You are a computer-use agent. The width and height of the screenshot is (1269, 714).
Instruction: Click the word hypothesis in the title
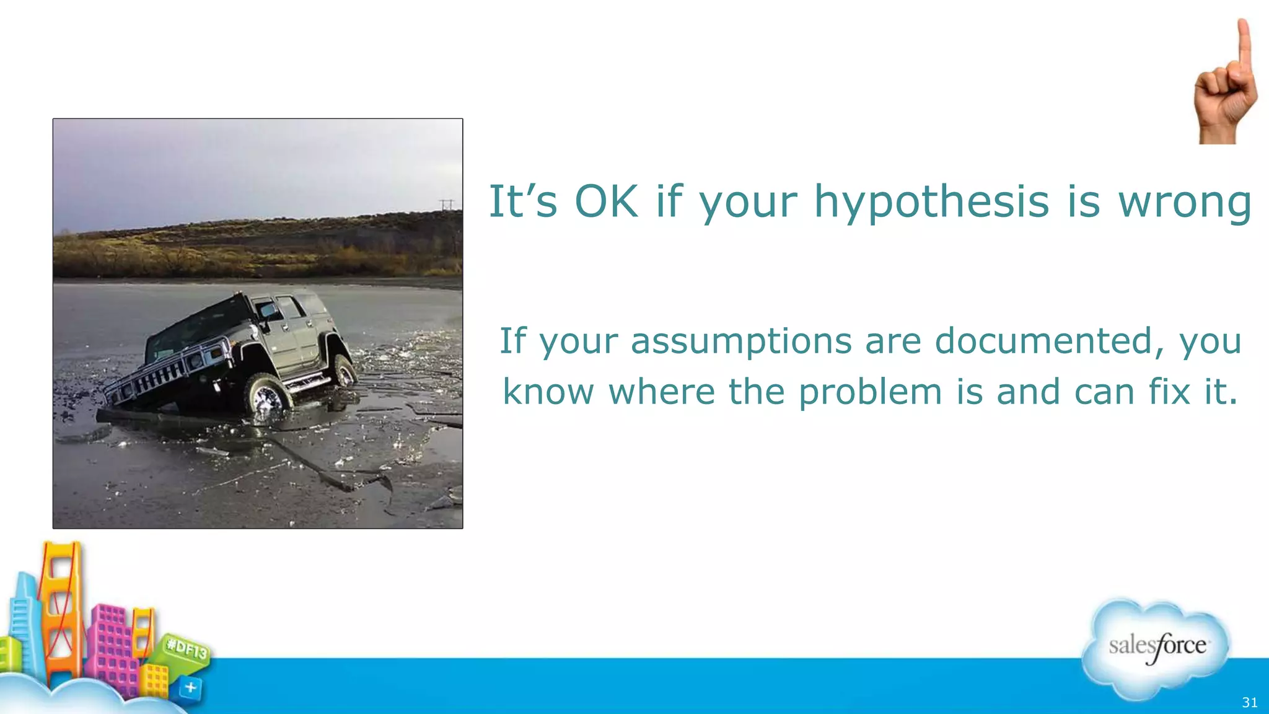click(x=931, y=202)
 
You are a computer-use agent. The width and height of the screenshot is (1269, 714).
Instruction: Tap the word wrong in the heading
click(x=1185, y=202)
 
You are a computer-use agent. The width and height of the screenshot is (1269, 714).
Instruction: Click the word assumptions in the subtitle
click(x=741, y=342)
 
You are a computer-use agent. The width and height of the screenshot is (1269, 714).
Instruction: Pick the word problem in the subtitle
click(x=870, y=392)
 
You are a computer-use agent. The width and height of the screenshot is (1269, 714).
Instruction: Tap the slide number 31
click(x=1250, y=702)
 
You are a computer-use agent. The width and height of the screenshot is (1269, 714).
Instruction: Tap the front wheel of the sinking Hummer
click(x=267, y=397)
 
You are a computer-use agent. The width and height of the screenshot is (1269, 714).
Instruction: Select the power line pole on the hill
click(x=447, y=204)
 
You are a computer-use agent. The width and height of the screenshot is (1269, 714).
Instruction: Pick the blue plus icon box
click(x=190, y=688)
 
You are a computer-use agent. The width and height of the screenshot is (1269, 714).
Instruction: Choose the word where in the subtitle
click(x=661, y=392)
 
